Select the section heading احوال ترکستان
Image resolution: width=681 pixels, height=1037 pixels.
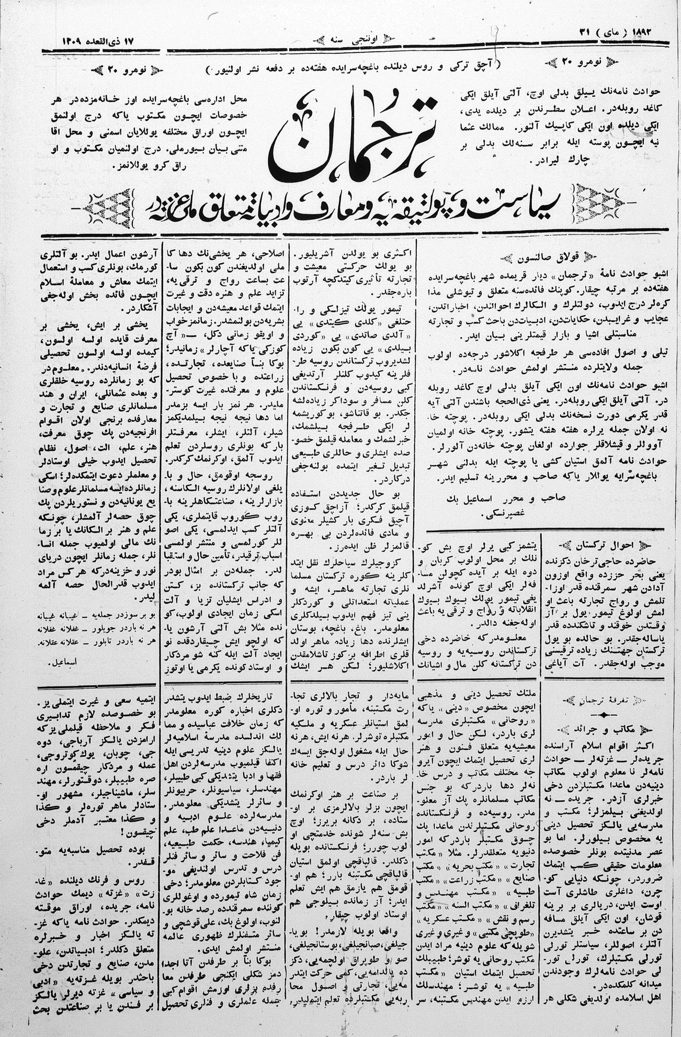click(x=606, y=545)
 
